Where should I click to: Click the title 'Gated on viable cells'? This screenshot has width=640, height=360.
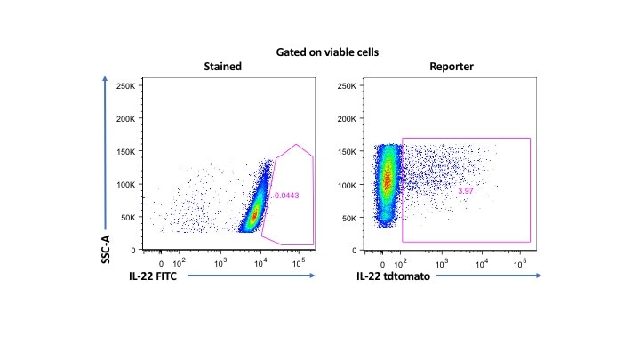pyautogui.click(x=319, y=52)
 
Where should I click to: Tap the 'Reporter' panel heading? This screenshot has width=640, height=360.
pyautogui.click(x=452, y=67)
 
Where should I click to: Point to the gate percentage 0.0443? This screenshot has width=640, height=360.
pyautogui.click(x=285, y=196)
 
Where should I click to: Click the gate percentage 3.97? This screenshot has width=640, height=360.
pyautogui.click(x=467, y=191)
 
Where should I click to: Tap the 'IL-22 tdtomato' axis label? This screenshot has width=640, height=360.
pyautogui.click(x=388, y=277)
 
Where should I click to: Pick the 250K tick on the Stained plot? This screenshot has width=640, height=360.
pyautogui.click(x=124, y=86)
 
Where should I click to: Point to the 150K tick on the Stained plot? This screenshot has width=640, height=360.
pyautogui.click(x=124, y=152)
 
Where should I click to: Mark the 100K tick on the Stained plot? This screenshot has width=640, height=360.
pyautogui.click(x=124, y=185)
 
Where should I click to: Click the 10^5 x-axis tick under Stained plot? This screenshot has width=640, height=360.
pyautogui.click(x=299, y=263)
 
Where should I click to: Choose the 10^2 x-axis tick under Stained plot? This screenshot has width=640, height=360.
pyautogui.click(x=180, y=263)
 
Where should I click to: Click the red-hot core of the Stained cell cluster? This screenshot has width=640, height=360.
pyautogui.click(x=253, y=214)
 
